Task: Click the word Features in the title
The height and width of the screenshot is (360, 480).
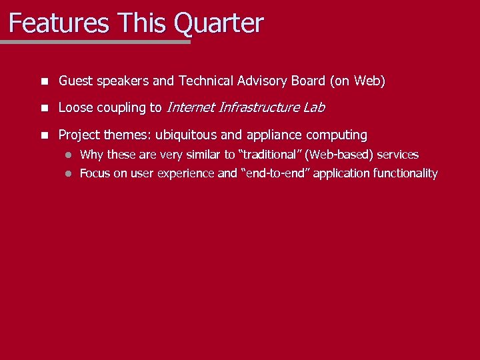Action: click(59, 23)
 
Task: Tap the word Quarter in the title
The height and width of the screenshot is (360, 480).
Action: click(219, 23)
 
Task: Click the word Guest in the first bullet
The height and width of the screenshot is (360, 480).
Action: click(75, 81)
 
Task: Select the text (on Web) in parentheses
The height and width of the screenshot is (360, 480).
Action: click(357, 81)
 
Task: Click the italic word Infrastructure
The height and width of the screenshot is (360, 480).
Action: click(258, 107)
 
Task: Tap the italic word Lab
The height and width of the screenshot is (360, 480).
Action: click(313, 107)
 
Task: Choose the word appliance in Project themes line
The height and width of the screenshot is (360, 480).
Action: click(273, 135)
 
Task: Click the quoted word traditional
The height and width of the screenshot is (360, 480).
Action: click(269, 155)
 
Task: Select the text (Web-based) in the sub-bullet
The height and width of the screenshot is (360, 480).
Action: click(337, 155)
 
